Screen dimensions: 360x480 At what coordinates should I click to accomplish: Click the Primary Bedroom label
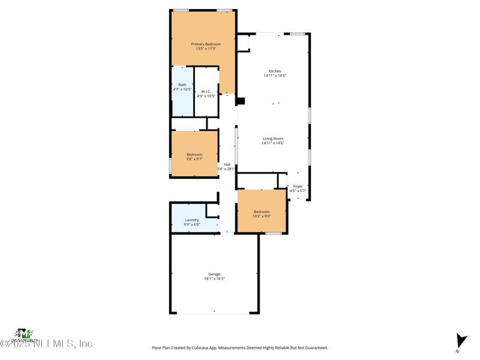coord(206,44)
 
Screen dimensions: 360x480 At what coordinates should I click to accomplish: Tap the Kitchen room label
coord(275,71)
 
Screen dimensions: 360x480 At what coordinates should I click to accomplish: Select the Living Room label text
coord(272,139)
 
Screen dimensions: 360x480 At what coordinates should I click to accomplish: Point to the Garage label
coord(214,274)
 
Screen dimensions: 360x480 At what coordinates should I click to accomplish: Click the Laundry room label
coord(192,220)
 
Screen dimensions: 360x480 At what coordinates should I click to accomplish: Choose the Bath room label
coord(182,85)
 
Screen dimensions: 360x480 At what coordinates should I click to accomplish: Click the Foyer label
coord(298,187)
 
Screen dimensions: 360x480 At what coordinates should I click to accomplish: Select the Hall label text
coord(227,165)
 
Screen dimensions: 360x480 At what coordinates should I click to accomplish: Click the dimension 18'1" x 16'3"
coord(214,279)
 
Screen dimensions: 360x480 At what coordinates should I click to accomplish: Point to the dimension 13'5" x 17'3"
coord(206,49)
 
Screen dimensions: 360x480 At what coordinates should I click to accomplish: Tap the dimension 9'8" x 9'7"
coord(194,159)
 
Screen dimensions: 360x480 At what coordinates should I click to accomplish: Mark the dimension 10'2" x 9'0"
coord(262,216)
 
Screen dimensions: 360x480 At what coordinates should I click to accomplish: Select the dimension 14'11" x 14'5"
coord(275,76)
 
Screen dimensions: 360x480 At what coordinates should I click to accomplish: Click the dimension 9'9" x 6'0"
coord(192,224)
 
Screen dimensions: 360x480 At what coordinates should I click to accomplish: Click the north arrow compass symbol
coord(460,340)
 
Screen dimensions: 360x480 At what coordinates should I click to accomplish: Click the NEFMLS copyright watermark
coord(46,344)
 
